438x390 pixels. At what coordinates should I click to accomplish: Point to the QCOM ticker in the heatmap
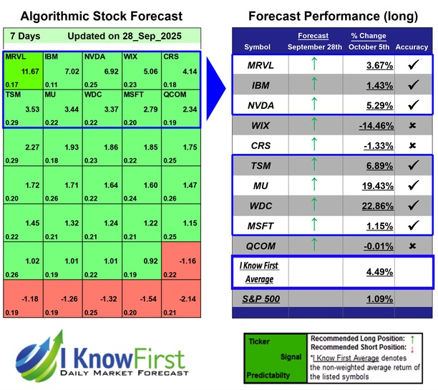click(x=174, y=93)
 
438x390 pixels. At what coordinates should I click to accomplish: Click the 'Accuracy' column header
click(x=412, y=47)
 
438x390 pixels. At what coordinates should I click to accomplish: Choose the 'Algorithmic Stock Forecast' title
click(x=102, y=16)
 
